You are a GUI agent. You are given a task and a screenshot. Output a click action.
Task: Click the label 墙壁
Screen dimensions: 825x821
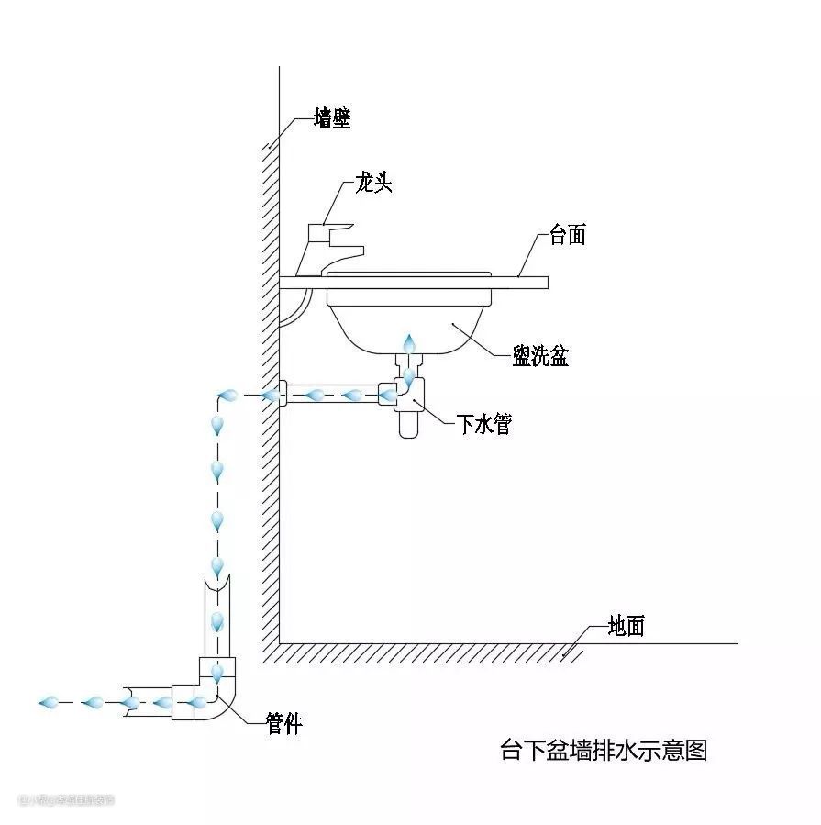[x=332, y=118]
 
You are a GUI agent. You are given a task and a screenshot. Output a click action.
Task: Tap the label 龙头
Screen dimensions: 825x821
[x=373, y=184]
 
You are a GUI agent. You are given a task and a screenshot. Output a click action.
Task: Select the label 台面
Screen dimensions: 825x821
[x=567, y=235]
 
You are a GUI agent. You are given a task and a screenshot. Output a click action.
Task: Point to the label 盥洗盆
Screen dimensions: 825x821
[x=540, y=356]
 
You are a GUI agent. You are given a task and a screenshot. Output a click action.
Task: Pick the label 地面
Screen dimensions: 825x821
[x=627, y=626]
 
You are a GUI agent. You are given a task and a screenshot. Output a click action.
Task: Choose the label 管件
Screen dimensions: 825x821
[x=283, y=723]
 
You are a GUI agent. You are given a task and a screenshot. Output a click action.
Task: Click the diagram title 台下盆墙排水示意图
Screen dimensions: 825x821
[x=603, y=750]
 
